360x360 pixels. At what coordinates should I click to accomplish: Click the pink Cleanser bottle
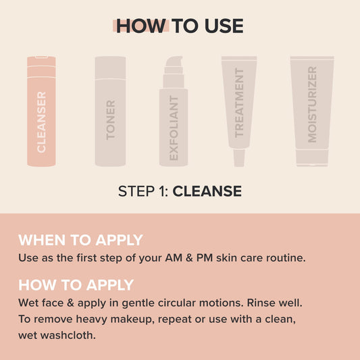pos(41,111)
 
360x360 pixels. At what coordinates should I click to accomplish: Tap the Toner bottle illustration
pos(110,111)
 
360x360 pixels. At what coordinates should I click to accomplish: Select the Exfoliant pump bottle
pos(174,111)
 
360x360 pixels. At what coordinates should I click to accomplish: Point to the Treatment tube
pos(239,111)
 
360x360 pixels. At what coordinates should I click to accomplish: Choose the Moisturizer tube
pos(312,111)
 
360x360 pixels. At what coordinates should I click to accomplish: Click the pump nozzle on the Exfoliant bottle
pos(174,61)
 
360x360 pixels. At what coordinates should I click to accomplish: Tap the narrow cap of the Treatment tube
pos(239,158)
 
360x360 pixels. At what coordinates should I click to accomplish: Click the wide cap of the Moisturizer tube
pos(312,158)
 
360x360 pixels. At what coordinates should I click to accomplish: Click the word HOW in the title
pos(141,26)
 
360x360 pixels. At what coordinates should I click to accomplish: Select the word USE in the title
pos(224,26)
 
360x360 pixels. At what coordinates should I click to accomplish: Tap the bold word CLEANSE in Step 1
pos(207,191)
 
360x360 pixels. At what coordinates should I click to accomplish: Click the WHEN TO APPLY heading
pos(80,240)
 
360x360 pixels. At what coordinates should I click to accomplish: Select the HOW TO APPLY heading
pos(76,285)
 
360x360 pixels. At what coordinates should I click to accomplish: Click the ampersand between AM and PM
pos(189,258)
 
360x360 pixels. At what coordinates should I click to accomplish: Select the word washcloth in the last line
pos(68,335)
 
